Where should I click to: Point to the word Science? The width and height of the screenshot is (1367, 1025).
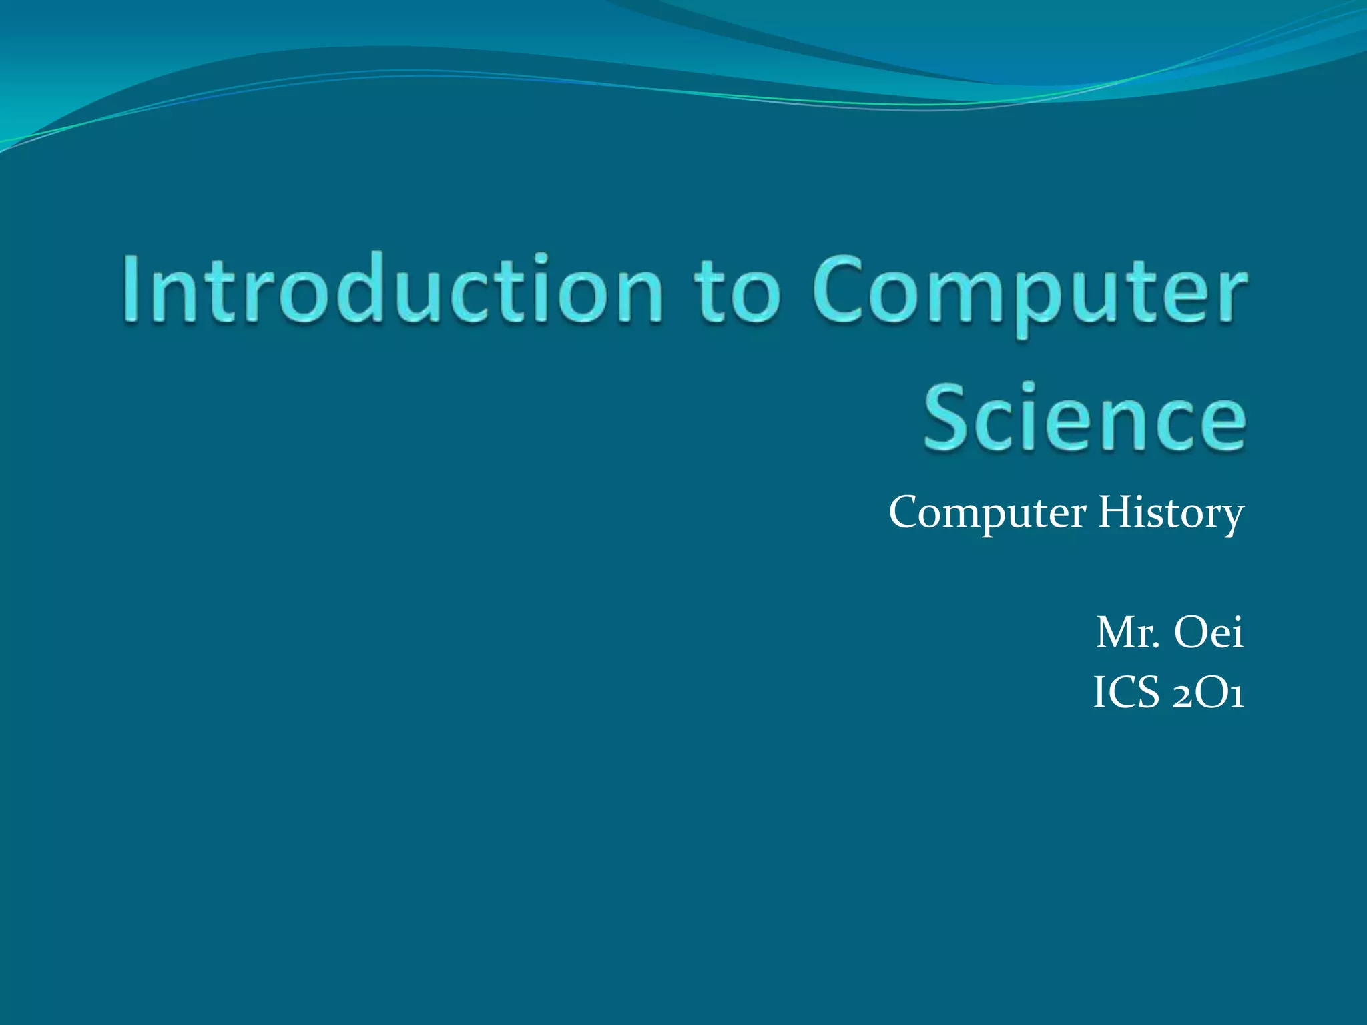pyautogui.click(x=1084, y=417)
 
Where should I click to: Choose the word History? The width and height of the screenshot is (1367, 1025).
pyautogui.click(x=1171, y=514)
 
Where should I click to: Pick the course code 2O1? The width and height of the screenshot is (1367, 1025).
pyautogui.click(x=1207, y=694)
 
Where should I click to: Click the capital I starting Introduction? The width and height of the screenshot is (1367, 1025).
pyautogui.click(x=131, y=288)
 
